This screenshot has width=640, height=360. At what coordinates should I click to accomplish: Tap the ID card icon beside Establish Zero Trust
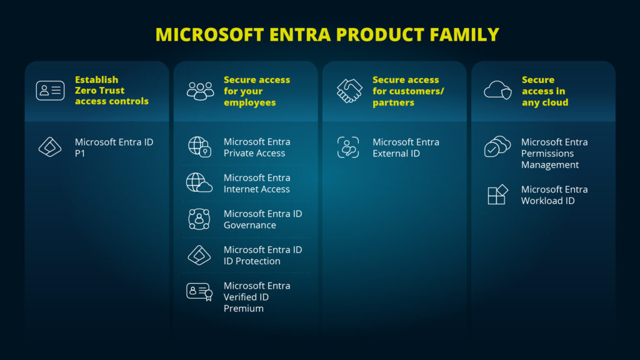[50, 91]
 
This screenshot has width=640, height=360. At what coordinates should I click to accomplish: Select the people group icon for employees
[200, 91]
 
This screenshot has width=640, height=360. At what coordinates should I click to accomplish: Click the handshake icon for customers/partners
[349, 91]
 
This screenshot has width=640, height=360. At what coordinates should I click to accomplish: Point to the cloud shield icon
[497, 91]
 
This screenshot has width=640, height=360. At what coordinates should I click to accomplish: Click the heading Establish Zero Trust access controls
[112, 91]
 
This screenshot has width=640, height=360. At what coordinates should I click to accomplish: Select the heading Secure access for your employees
[257, 91]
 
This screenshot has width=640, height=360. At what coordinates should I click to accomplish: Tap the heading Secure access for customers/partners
[408, 91]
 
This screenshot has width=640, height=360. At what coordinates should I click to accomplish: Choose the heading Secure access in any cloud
[545, 91]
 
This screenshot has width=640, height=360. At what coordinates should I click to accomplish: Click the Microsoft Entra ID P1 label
[114, 147]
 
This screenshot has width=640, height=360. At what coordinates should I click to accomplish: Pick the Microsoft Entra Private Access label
[257, 147]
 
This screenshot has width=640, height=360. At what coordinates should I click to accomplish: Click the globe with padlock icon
[200, 147]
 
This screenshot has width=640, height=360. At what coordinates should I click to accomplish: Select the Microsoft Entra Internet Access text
[257, 183]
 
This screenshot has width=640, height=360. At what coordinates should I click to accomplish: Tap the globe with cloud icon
[199, 182]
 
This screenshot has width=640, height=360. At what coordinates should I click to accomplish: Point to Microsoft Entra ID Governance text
[262, 219]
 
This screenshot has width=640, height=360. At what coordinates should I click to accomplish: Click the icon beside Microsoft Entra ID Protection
[199, 255]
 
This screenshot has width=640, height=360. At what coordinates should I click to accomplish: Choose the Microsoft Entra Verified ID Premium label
[257, 297]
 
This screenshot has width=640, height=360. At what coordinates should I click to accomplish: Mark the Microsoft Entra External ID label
[406, 147]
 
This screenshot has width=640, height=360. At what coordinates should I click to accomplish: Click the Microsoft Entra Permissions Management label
[554, 153]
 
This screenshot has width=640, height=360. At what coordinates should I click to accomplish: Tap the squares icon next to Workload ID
[497, 195]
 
